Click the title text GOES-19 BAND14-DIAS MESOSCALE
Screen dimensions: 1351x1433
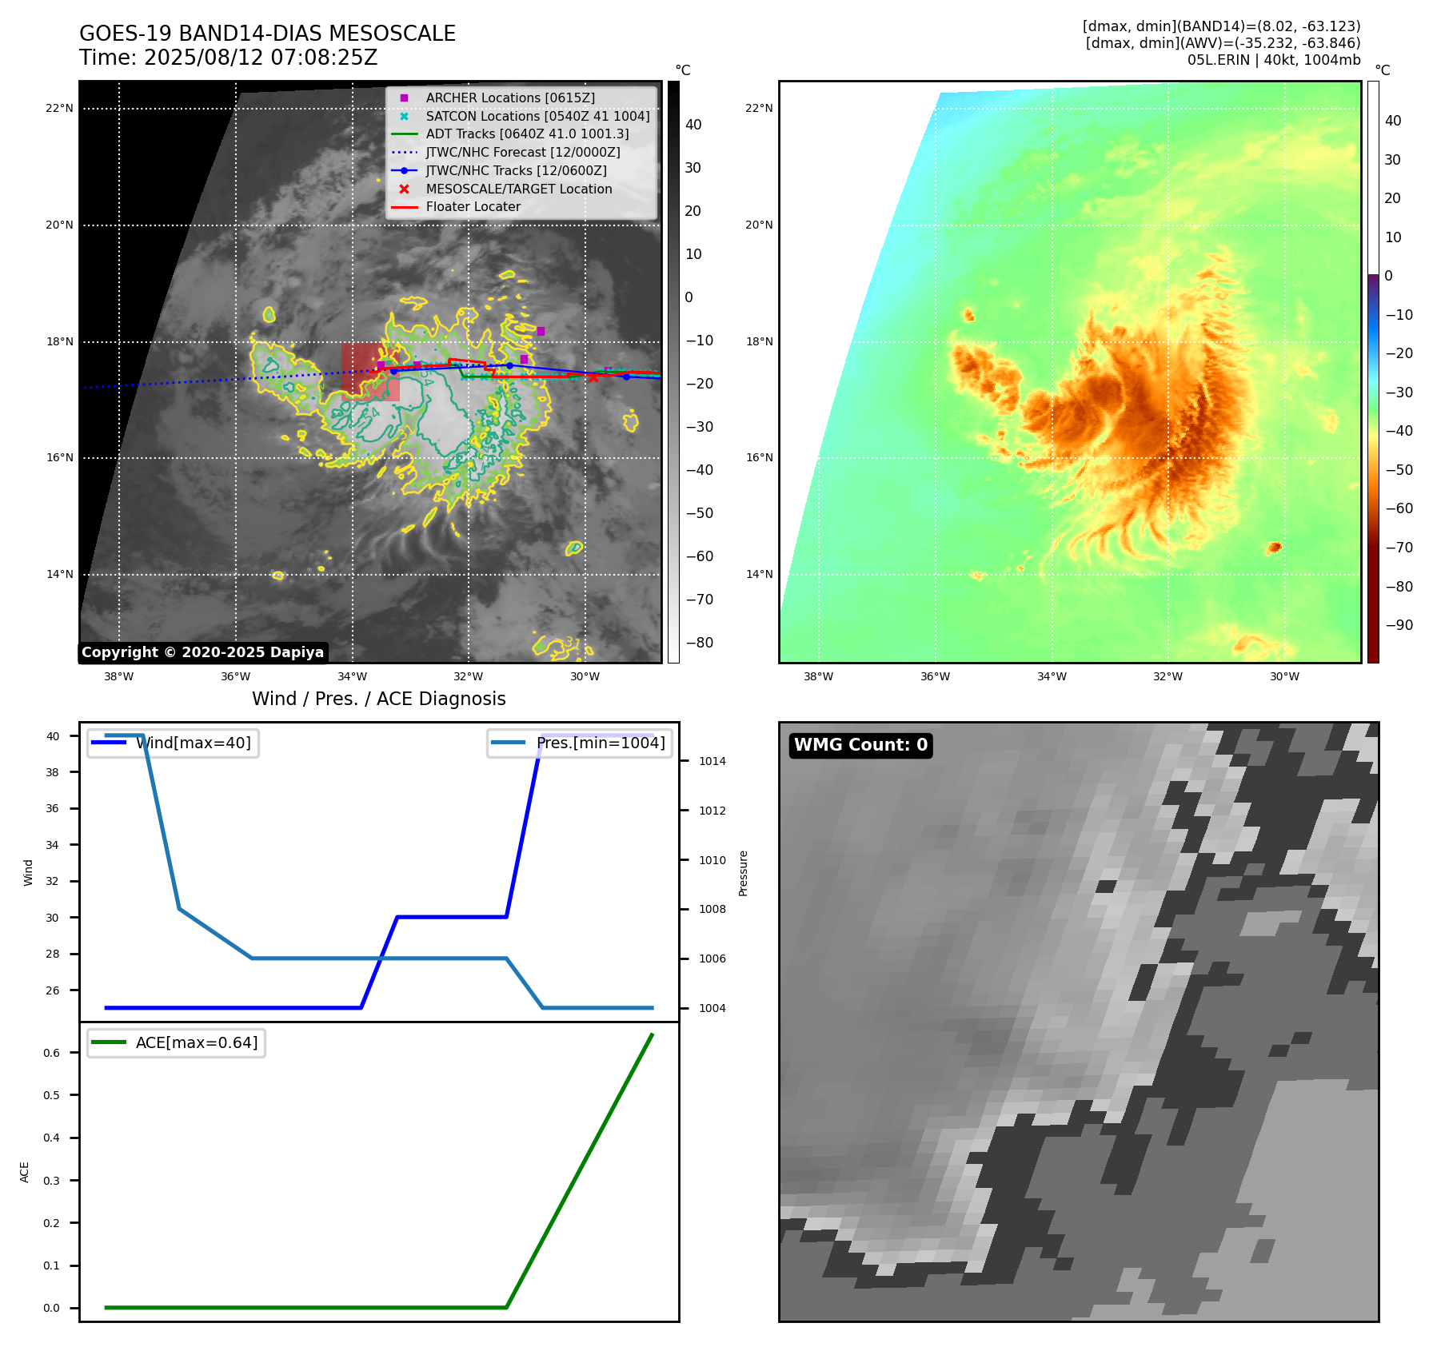click(x=267, y=34)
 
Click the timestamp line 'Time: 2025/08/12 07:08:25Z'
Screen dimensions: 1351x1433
click(x=228, y=58)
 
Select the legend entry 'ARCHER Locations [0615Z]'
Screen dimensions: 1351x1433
click(x=510, y=98)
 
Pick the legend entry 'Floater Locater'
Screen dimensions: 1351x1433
click(x=473, y=207)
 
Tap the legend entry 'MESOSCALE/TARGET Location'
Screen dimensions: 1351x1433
click(x=518, y=189)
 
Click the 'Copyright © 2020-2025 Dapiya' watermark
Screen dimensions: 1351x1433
click(x=202, y=652)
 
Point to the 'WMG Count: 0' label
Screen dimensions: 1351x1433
click(x=860, y=745)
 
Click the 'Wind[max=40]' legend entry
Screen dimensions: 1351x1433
click(x=193, y=743)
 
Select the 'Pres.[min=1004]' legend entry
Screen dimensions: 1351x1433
click(x=600, y=743)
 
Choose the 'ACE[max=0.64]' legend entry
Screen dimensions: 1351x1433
click(x=196, y=1043)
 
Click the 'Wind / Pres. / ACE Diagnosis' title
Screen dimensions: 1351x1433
click(x=378, y=699)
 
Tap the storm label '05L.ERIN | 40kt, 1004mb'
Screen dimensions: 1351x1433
click(x=1273, y=60)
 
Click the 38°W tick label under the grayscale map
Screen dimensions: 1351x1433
click(x=118, y=677)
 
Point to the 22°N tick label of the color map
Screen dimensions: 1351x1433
click(x=759, y=109)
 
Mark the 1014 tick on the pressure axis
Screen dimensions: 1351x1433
click(x=712, y=762)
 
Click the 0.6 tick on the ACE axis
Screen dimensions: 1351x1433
click(x=51, y=1054)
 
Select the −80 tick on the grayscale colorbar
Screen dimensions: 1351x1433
click(x=699, y=643)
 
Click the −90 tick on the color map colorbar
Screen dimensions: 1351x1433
click(x=1399, y=625)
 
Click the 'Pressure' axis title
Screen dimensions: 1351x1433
click(x=744, y=873)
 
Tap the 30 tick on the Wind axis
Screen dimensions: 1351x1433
click(x=52, y=918)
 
